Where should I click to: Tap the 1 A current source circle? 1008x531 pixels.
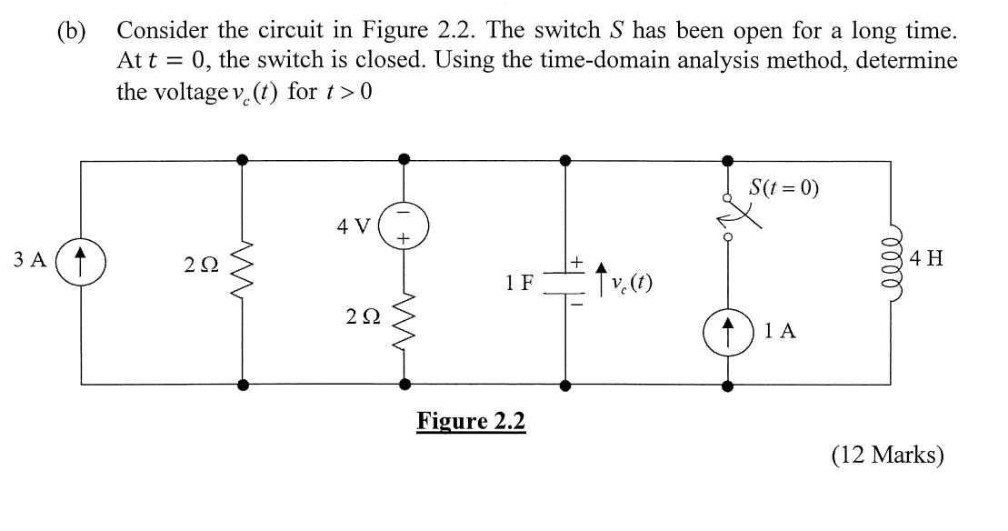728,332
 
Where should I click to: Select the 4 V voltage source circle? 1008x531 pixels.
404,226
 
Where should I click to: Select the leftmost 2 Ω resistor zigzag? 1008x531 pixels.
242,271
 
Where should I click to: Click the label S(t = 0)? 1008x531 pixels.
783,187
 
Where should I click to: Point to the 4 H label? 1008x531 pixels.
927,259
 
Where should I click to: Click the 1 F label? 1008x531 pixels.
519,283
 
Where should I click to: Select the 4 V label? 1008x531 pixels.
354,226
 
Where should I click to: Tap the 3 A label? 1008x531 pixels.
30,260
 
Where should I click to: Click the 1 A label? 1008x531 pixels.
781,331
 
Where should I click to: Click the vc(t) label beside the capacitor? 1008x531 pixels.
633,283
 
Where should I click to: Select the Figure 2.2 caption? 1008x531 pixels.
471,422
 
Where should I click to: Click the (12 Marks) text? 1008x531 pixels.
888,456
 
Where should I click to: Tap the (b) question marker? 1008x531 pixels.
71,32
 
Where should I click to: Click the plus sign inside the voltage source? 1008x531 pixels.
403,238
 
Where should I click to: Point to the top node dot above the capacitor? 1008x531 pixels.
565,160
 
